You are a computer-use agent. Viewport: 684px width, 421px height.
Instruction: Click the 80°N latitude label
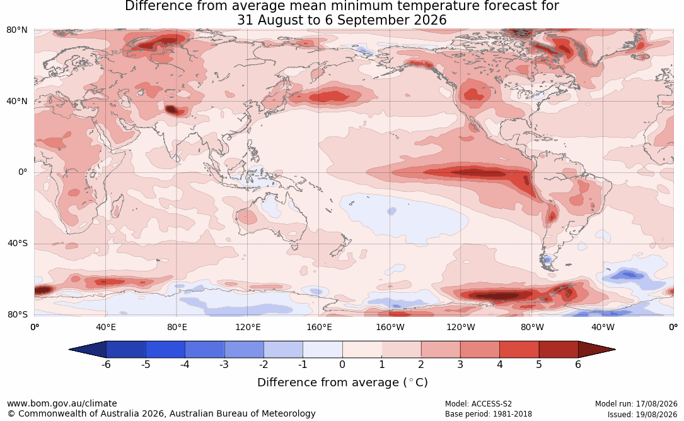16,30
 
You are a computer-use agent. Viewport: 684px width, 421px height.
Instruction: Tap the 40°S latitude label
18,243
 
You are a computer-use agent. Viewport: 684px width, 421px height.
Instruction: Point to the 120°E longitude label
248,327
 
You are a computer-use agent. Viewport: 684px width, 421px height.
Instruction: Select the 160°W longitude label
390,327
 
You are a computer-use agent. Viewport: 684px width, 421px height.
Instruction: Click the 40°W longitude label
603,327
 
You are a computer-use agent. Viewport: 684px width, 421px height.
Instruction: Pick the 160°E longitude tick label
319,327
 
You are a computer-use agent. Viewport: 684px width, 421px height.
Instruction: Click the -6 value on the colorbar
106,364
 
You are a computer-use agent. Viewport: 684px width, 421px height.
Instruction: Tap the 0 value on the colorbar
342,364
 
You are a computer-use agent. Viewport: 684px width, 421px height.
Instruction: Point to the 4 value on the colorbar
500,364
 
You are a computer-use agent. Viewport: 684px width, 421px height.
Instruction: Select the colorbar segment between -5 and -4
165,350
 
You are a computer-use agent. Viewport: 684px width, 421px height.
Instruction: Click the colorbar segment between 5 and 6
559,350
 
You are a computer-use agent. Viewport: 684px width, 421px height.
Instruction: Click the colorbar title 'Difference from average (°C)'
342,382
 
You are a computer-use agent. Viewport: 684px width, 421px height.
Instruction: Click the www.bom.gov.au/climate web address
62,403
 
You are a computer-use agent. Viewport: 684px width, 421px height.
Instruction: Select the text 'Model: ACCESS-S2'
478,404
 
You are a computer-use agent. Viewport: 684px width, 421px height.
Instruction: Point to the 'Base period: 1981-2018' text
489,414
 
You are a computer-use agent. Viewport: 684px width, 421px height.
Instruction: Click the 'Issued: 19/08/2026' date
642,414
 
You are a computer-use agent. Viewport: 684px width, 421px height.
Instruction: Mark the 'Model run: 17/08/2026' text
636,404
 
